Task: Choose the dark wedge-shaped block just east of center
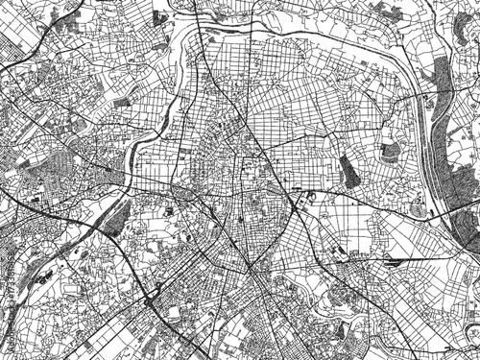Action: click(x=348, y=171)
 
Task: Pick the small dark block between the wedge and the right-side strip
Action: click(x=388, y=151)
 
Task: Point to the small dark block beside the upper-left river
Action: click(x=122, y=101)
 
